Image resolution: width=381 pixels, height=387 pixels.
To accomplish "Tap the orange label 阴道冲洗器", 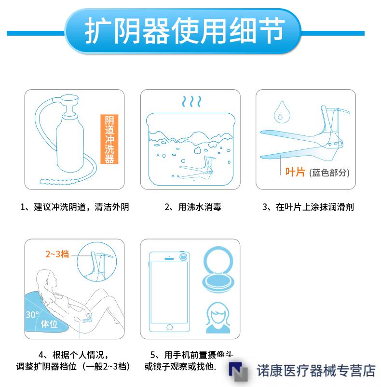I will point(109,140).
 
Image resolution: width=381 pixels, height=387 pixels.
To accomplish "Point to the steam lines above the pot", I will point(191,102).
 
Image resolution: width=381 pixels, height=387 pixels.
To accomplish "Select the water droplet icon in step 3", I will point(279,112).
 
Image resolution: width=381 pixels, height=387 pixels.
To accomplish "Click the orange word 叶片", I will point(295,172).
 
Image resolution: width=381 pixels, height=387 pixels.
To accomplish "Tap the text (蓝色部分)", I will point(329,173).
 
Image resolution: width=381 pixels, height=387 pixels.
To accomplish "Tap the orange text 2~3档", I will point(57,254).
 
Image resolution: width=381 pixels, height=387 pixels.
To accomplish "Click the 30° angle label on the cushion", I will point(32,315).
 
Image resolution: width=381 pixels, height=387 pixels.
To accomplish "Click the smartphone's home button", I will point(169,327).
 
